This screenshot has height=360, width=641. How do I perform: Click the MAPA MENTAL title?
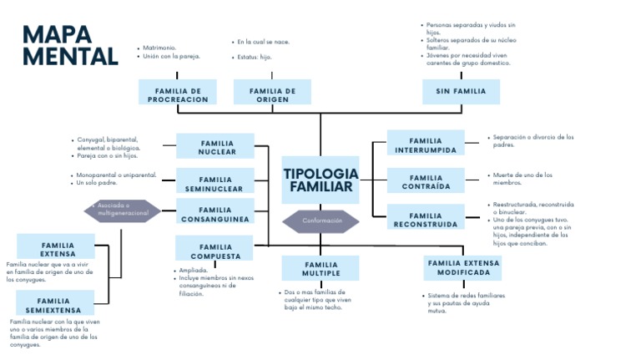pos(70,45)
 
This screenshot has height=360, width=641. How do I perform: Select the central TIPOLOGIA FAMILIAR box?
pos(320,180)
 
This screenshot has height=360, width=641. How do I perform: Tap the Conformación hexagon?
pos(320,221)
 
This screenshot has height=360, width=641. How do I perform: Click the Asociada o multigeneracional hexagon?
pos(122,209)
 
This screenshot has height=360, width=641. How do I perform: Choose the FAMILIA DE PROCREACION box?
pos(178,94)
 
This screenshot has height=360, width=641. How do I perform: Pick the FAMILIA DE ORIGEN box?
pos(272,94)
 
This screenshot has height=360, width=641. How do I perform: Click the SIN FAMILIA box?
pos(460,91)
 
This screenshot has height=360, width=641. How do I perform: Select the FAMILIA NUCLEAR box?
pos(216,147)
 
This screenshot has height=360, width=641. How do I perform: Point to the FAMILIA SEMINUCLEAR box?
pos(215,184)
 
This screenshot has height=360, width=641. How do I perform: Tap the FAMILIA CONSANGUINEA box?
pos(215,215)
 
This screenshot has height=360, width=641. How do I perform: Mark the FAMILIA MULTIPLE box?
pos(320,268)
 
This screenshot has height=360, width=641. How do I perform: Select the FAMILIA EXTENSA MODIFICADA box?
pos(463,267)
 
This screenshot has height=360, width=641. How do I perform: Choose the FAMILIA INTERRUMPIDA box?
pos(426,145)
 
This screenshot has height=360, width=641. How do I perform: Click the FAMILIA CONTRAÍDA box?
pos(426,182)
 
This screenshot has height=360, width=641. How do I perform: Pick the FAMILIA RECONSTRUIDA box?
pos(426,220)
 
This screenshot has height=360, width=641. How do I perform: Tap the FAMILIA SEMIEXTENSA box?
pos(53,305)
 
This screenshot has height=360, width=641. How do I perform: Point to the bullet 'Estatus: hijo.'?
pos(254,57)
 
